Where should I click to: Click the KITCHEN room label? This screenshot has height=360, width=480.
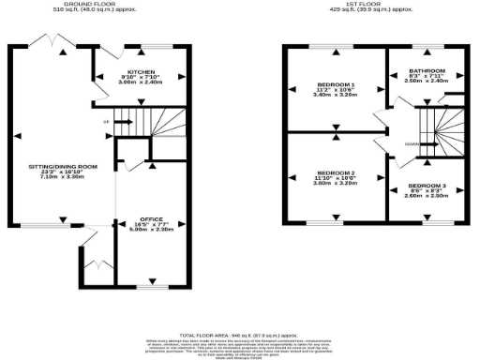(x=141, y=71)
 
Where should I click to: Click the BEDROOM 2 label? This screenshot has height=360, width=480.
(x=335, y=173)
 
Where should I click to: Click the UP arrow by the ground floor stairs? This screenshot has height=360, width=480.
(x=107, y=122)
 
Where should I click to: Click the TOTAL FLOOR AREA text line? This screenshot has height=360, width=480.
(x=239, y=335)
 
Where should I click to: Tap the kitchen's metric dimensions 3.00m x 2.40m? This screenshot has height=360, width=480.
(x=141, y=82)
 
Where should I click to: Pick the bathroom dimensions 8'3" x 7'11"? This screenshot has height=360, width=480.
(x=426, y=77)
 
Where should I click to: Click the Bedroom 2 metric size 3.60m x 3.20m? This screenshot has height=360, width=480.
(x=335, y=185)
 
